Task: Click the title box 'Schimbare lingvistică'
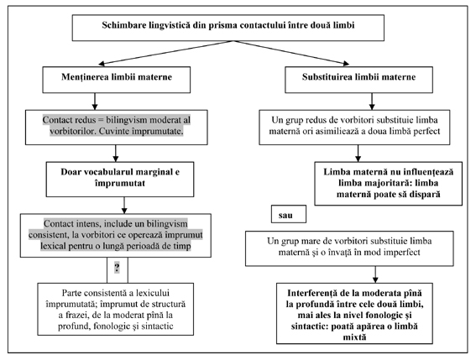pos(228,28)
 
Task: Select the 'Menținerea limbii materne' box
pos(116,80)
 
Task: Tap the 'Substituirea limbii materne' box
pos(358,80)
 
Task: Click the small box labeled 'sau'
pos(289,214)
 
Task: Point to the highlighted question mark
pos(117,268)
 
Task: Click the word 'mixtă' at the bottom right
pos(354,337)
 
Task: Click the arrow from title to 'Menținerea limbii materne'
pos(165,53)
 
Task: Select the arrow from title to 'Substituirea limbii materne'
pos(290,53)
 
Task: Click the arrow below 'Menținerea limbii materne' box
pos(95,102)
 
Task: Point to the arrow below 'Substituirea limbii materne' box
pos(372,102)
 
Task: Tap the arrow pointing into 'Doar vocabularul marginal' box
pos(115,154)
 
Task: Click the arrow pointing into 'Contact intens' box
pos(124,206)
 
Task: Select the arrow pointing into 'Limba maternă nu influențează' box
pos(358,154)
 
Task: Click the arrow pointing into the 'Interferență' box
pos(375,274)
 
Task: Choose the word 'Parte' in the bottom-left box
pos(71,293)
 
